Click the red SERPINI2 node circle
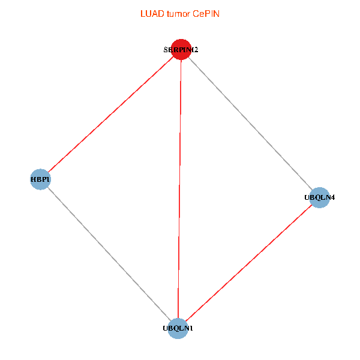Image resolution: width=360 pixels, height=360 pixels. click(181, 50)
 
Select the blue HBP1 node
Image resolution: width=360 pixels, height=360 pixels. click(40, 179)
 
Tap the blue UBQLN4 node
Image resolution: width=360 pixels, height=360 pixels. click(320, 197)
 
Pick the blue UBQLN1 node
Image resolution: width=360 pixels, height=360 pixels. click(178, 328)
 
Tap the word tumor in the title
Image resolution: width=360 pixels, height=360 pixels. click(177, 13)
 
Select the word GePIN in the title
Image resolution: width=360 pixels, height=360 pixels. click(206, 13)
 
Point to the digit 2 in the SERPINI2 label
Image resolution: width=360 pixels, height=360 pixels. click(196, 50)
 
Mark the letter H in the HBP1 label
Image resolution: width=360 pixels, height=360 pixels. click(33, 179)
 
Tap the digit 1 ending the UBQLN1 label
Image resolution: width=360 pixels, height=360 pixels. click(191, 329)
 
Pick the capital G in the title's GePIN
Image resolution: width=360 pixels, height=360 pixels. click(196, 13)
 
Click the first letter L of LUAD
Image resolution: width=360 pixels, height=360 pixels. click(142, 13)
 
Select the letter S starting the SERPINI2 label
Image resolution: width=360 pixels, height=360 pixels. click(166, 50)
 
